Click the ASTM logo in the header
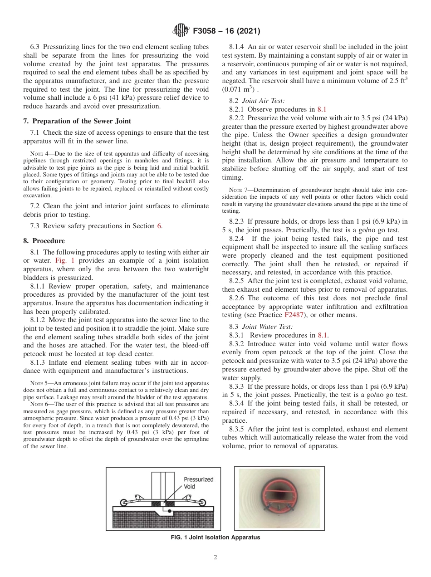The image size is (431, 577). pyautogui.click(x=181, y=31)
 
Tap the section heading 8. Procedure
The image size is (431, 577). pyautogui.click(x=44, y=241)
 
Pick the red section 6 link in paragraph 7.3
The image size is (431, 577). pyautogui.click(x=159, y=226)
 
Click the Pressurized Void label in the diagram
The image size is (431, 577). pyautogui.click(x=198, y=483)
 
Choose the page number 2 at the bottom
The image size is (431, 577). pyautogui.click(x=215, y=558)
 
